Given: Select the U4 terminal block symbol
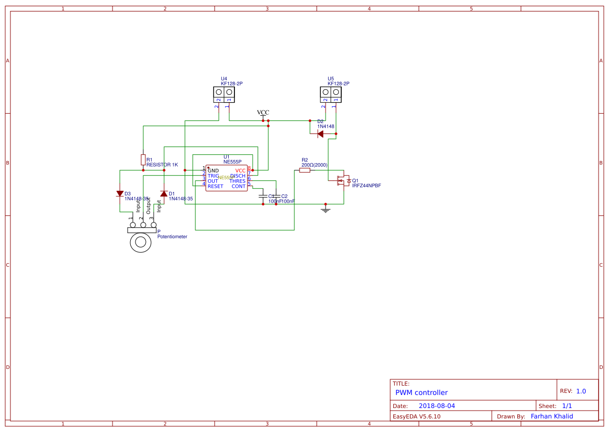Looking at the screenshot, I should click(x=224, y=94).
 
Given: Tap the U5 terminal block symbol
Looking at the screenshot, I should click(x=331, y=94).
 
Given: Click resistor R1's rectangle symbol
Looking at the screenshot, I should click(x=143, y=159).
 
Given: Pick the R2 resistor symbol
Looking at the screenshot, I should click(x=305, y=170).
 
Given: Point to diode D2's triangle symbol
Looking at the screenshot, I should click(x=320, y=134).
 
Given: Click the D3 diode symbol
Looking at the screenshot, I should click(x=120, y=194).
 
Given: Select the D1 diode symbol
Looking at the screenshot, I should click(x=164, y=194).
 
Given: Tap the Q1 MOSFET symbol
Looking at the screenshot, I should click(x=343, y=181).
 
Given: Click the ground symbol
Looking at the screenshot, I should click(x=326, y=209).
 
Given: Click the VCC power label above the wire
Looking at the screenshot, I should click(x=263, y=113).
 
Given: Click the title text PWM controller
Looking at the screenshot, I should click(x=421, y=393).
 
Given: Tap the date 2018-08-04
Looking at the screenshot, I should click(x=437, y=406).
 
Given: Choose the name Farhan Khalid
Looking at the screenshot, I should click(x=552, y=416).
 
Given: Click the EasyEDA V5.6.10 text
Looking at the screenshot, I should click(x=416, y=416).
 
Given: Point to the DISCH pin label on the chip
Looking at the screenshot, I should click(x=238, y=176).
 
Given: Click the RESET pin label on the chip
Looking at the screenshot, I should click(x=215, y=187).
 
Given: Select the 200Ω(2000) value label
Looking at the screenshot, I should click(x=314, y=165).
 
